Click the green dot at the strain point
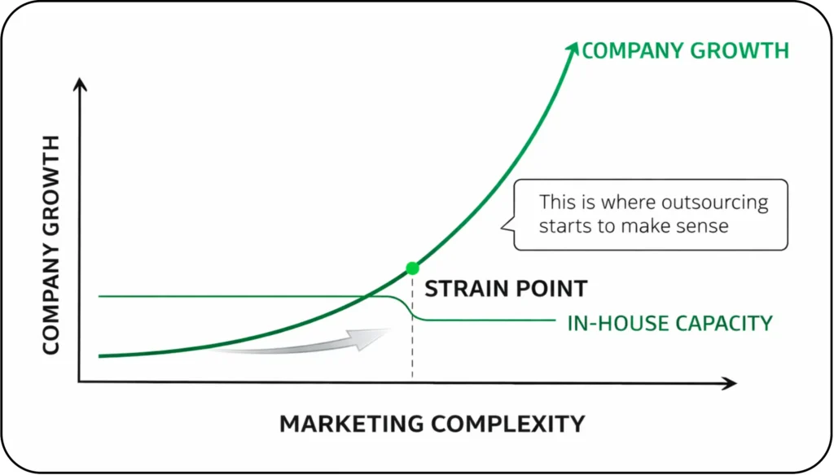[x=412, y=268]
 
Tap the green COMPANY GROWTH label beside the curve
[x=685, y=50]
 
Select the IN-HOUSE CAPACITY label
[x=669, y=323]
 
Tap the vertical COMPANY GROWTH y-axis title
[x=50, y=245]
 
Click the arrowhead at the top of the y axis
[x=79, y=84]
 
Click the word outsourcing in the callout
[x=722, y=203]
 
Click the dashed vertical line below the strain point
[x=412, y=350]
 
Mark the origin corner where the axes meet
[x=79, y=381]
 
